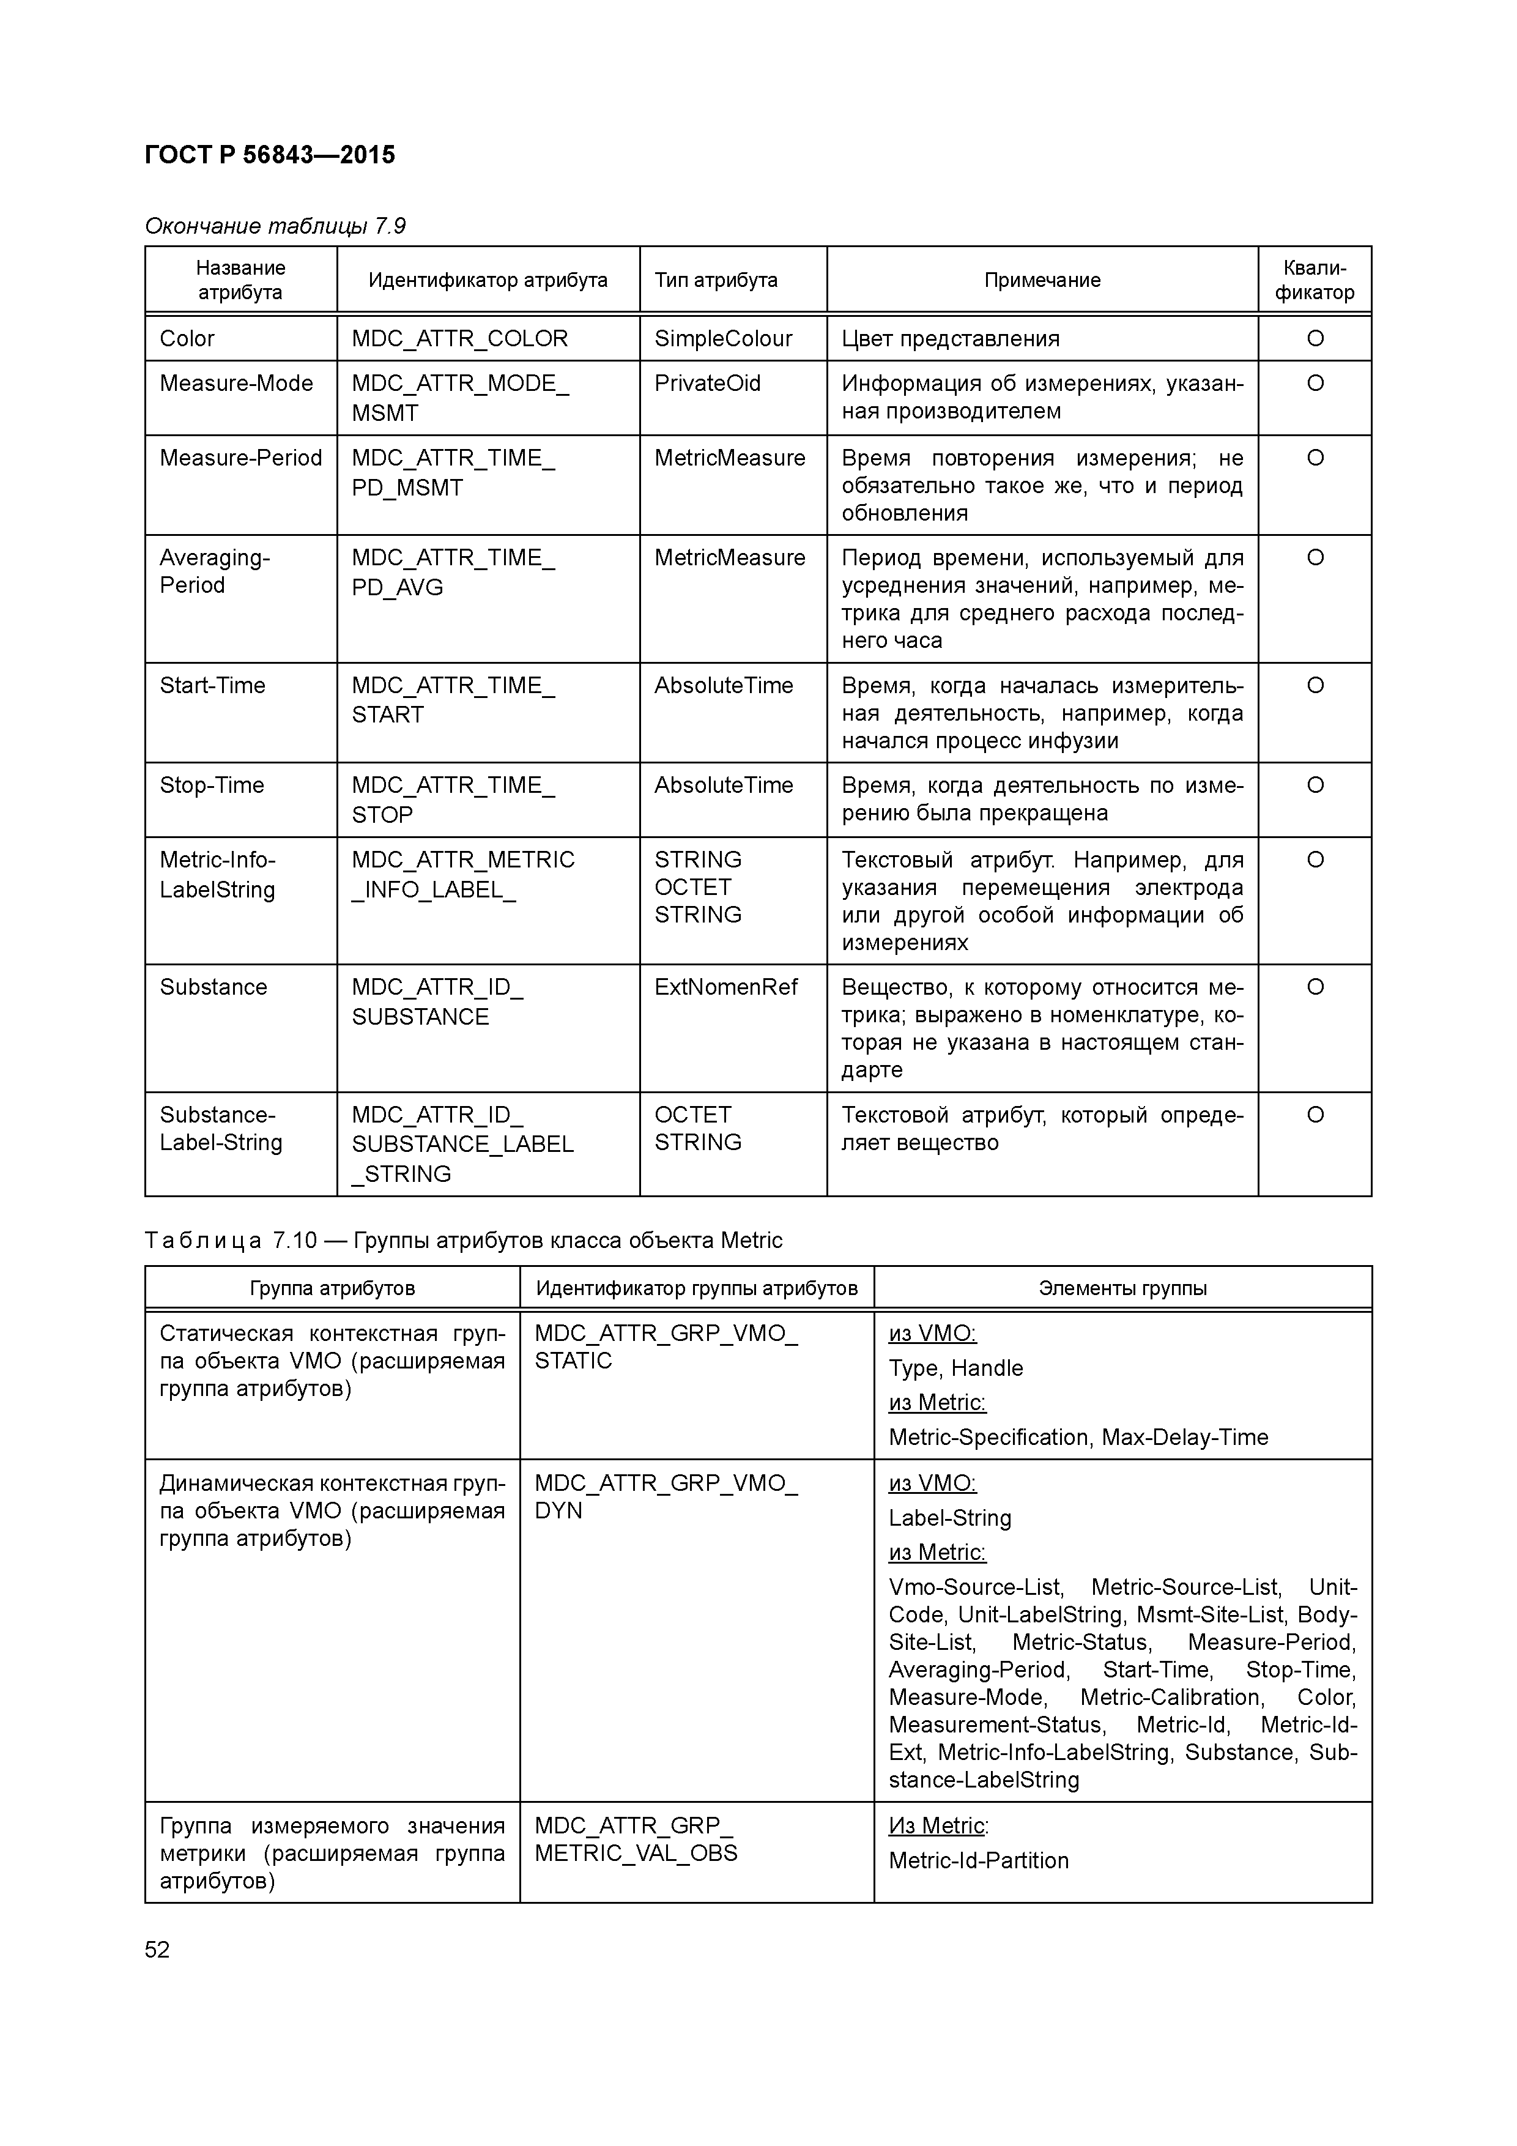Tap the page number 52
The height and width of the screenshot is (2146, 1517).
pyautogui.click(x=157, y=1949)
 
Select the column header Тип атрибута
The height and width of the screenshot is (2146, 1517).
pyautogui.click(x=715, y=280)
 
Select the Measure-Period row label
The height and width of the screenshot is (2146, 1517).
pyautogui.click(x=240, y=458)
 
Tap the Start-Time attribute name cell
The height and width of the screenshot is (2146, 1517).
pyautogui.click(x=212, y=685)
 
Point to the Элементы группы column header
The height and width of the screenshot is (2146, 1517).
pyautogui.click(x=1122, y=1288)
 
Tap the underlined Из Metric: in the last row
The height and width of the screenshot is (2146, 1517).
pyautogui.click(x=938, y=1825)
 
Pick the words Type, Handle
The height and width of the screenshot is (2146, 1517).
pyautogui.click(x=955, y=1368)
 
